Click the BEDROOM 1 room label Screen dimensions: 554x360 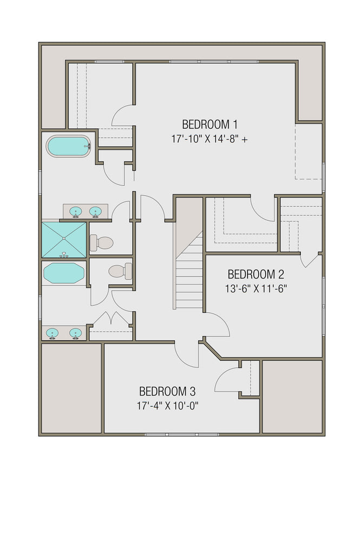210,123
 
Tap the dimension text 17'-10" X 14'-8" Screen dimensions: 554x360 206,139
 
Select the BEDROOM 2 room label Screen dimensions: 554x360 256,274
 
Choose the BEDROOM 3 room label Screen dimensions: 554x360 167,391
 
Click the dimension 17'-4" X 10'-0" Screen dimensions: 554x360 168,405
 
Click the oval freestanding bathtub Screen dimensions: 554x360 68,146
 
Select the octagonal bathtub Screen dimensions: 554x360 64,273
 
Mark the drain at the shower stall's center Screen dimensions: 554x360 64,239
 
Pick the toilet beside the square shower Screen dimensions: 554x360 101,242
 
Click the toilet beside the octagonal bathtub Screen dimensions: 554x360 119,271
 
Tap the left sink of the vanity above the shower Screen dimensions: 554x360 76,210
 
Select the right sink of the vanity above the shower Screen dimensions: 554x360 96,210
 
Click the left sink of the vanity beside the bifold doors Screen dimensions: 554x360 53,332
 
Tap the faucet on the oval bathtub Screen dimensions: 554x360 89,146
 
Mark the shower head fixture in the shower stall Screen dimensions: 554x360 64,253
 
